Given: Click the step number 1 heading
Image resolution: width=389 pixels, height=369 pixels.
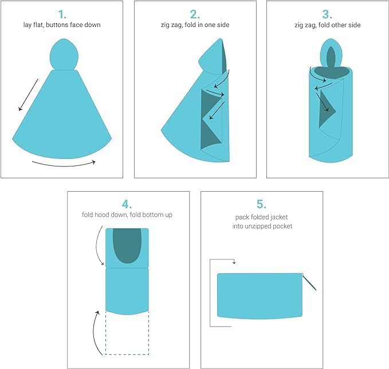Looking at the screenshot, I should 62,14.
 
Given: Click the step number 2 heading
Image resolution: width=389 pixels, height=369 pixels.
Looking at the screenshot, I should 195,14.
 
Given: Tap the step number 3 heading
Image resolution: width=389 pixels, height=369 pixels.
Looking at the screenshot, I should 328,14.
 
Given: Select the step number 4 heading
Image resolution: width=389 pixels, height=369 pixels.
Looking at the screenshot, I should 127,204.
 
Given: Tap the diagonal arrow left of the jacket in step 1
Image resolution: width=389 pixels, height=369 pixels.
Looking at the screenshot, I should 28,95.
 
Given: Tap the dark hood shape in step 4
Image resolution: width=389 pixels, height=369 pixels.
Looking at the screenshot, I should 127,244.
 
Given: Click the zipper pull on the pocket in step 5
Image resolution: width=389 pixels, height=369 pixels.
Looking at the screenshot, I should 310,282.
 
